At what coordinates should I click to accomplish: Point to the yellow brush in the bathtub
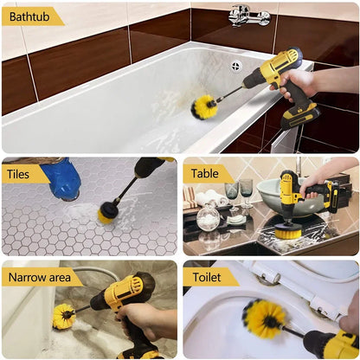205,106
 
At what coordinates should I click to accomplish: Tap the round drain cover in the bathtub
235,66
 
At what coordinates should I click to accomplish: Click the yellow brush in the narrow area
64,316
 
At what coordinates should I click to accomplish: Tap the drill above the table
299,193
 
